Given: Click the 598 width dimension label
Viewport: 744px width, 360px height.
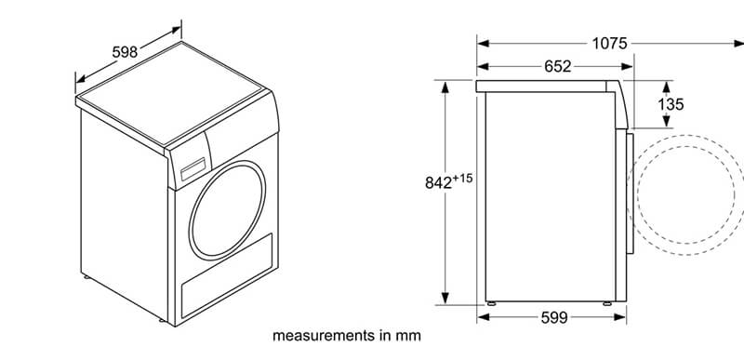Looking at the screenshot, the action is click(x=125, y=52).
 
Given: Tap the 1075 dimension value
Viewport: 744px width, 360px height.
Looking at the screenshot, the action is click(x=609, y=44).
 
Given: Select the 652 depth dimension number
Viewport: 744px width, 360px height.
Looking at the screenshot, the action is click(x=557, y=66).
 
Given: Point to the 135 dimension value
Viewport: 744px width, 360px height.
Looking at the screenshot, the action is click(x=671, y=104).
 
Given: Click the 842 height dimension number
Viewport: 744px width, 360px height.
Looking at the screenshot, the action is click(x=438, y=182).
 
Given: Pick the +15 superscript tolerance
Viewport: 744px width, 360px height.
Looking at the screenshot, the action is click(x=462, y=179).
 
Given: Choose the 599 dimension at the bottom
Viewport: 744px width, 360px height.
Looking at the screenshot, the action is click(x=554, y=318).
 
